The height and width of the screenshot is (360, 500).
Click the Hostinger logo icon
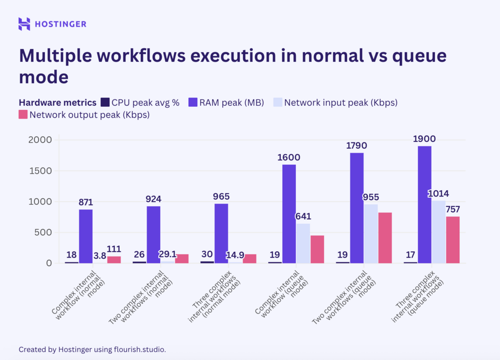click(24, 24)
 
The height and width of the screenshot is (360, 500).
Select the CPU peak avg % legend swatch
click(105, 102)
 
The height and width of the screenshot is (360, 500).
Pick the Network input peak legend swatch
click(277, 102)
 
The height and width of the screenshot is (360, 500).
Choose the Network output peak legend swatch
click(23, 115)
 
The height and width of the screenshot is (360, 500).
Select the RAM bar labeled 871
click(85, 236)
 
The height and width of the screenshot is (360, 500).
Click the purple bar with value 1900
click(424, 204)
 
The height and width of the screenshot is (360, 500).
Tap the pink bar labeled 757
click(453, 240)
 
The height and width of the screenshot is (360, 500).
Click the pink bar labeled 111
click(114, 260)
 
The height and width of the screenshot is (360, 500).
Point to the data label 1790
click(357, 145)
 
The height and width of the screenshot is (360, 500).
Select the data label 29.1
click(167, 255)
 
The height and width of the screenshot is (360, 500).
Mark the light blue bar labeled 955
click(371, 233)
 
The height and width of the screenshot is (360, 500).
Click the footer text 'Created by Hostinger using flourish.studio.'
click(92, 349)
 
